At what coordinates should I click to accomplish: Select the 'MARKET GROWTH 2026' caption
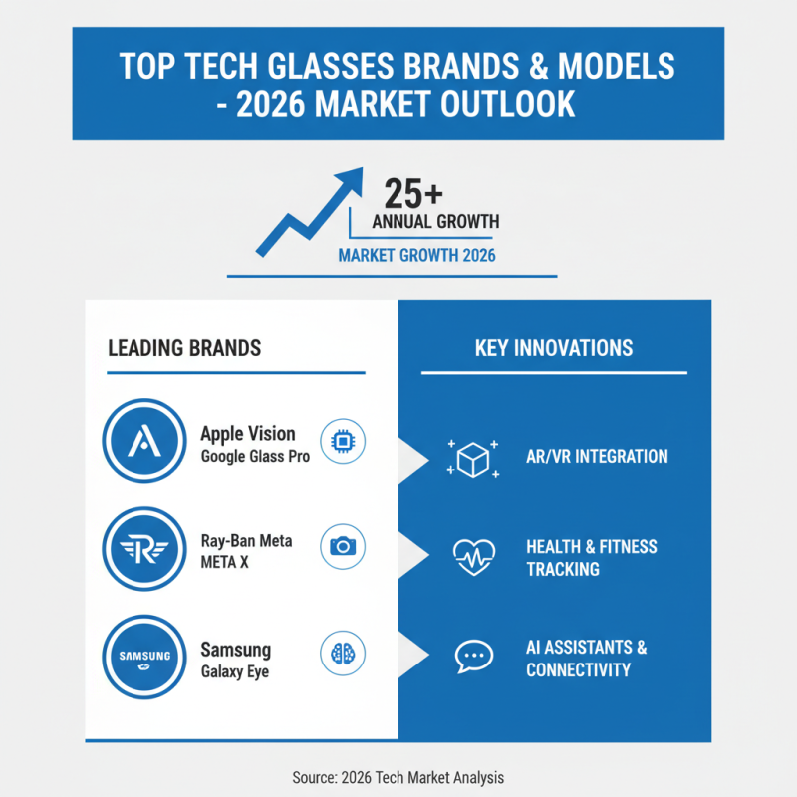417,255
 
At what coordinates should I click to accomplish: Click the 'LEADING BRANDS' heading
184,348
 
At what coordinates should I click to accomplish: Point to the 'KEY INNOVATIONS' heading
554,348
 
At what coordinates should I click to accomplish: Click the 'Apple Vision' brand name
248,434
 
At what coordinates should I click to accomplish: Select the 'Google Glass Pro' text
255,457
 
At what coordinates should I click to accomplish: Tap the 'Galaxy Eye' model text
235,671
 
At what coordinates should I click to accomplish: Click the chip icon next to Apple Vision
343,442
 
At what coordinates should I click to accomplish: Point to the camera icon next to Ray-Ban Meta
343,547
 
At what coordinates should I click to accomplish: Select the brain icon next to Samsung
343,655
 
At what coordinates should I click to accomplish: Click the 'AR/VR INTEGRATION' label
597,457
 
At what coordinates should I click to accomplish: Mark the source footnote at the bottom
398,776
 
